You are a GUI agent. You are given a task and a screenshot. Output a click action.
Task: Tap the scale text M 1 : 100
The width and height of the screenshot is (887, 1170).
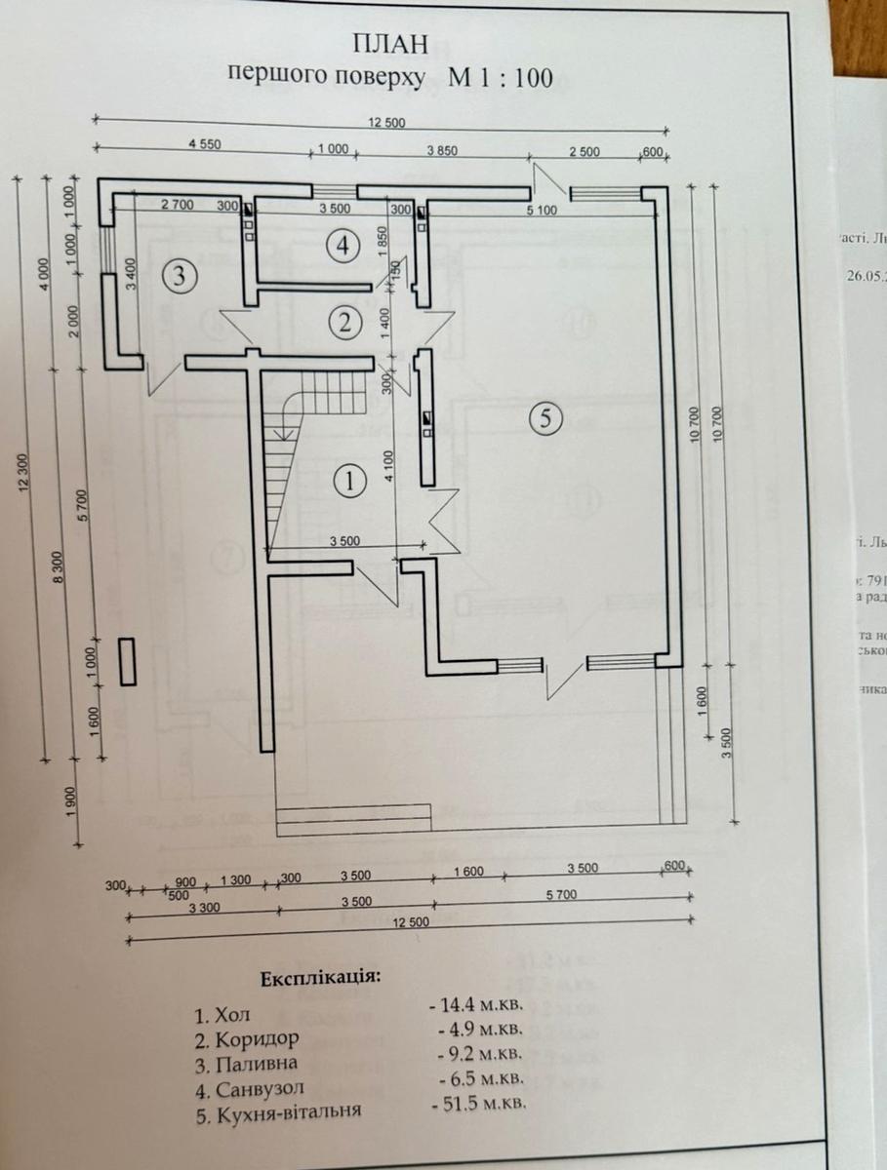[500, 78]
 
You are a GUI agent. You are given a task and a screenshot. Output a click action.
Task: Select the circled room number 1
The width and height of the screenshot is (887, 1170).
[348, 480]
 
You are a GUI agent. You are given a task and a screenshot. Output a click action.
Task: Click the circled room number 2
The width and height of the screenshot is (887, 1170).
[342, 318]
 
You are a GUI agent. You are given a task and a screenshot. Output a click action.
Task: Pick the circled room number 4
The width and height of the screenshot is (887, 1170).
[342, 245]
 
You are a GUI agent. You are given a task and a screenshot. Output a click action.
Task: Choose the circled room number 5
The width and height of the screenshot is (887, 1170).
[544, 418]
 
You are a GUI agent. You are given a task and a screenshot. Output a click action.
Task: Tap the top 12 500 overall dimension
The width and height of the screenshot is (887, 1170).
[386, 122]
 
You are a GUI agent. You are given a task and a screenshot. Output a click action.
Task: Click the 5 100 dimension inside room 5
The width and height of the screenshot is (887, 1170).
[542, 209]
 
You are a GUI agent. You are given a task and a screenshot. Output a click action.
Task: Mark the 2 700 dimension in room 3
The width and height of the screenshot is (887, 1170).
[178, 207]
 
